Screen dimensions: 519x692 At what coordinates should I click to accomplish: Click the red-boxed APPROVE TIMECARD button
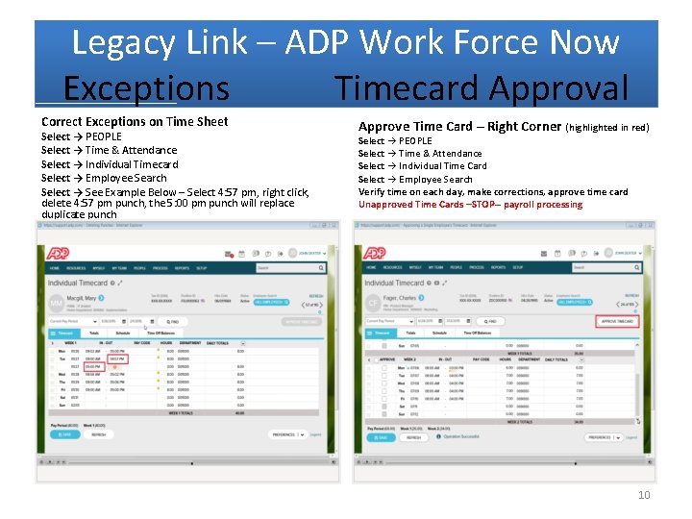[616, 321]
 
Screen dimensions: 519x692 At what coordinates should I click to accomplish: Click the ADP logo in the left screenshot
[58, 253]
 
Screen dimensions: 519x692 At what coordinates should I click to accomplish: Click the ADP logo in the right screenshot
[375, 253]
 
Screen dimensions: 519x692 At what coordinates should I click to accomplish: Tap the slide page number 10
[644, 495]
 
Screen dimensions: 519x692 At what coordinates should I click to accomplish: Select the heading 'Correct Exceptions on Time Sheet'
[135, 121]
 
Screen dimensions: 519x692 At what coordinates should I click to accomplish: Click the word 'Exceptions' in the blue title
[146, 88]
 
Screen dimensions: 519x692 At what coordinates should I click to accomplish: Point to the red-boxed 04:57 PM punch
[116, 358]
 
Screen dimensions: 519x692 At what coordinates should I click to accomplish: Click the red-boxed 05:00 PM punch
[92, 366]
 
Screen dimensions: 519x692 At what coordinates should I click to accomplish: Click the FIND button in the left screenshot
[173, 322]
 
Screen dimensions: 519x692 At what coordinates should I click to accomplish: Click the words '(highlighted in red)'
[606, 128]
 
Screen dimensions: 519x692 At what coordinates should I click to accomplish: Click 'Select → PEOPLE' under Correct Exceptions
[82, 136]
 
